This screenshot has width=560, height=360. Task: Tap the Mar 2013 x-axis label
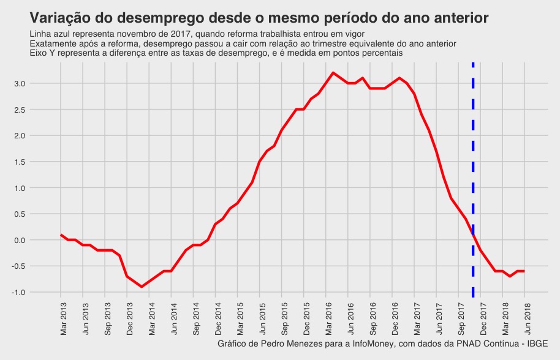pyautogui.click(x=62, y=318)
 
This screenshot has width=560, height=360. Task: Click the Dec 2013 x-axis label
pyautogui.click(x=128, y=318)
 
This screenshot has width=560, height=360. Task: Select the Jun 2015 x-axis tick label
pyautogui.click(x=260, y=318)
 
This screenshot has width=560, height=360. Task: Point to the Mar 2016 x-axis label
pyautogui.click(x=327, y=318)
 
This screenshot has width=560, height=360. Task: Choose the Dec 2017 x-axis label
pyautogui.click(x=481, y=318)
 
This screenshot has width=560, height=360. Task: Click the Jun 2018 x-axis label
pyautogui.click(x=525, y=318)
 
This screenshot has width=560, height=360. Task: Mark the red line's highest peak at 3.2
pyautogui.click(x=333, y=73)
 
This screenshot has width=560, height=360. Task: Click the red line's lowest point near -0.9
pyautogui.click(x=142, y=287)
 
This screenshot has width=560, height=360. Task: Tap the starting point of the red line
pyautogui.click(x=61, y=234)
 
